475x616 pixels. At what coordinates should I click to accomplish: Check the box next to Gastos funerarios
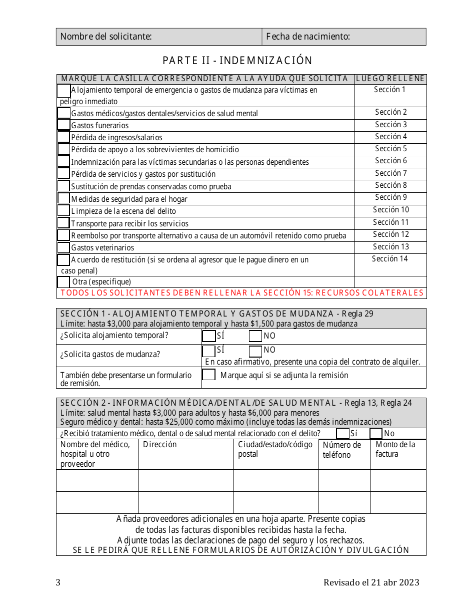(x=63, y=125)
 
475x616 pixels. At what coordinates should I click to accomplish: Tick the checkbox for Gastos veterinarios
(x=63, y=247)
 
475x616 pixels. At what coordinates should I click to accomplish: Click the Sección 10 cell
(x=390, y=210)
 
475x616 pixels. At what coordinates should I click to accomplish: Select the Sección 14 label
(x=389, y=259)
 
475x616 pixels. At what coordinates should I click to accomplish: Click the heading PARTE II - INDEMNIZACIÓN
(x=237, y=61)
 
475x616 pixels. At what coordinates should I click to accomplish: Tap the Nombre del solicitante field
(x=159, y=37)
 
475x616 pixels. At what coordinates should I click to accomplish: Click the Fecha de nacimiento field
(x=344, y=37)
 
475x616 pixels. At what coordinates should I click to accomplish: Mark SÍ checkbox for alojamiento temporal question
(x=208, y=336)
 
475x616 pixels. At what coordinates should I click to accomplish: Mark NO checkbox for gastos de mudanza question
(x=255, y=350)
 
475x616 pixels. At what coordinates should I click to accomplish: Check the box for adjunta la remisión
(x=208, y=375)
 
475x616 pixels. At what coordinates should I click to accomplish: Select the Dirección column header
(x=160, y=445)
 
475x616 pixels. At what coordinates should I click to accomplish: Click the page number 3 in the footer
(x=58, y=582)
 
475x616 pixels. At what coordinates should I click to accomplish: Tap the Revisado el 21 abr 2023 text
(x=371, y=582)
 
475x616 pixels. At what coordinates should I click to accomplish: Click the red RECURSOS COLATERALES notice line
(x=241, y=293)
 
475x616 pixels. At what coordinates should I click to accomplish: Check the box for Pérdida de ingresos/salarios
(x=63, y=137)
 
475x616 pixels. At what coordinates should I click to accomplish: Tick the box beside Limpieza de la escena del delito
(x=63, y=210)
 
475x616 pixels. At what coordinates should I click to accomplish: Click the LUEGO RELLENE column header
(x=390, y=79)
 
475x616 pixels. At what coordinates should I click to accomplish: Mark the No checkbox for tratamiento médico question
(x=376, y=433)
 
